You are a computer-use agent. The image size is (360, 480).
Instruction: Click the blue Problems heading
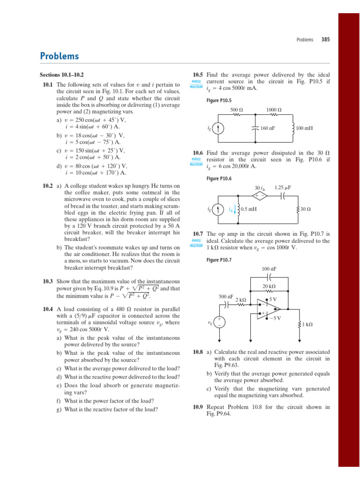click(x=60, y=56)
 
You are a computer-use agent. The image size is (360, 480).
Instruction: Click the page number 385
click(x=325, y=40)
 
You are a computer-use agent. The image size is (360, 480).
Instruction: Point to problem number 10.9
click(x=198, y=407)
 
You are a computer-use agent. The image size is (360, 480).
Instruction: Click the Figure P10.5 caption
click(x=218, y=100)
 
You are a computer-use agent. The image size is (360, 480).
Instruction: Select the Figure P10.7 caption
click(x=218, y=260)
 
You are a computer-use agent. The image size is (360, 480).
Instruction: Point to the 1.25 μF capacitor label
click(x=283, y=187)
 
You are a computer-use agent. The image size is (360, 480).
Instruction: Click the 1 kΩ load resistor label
click(x=307, y=324)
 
